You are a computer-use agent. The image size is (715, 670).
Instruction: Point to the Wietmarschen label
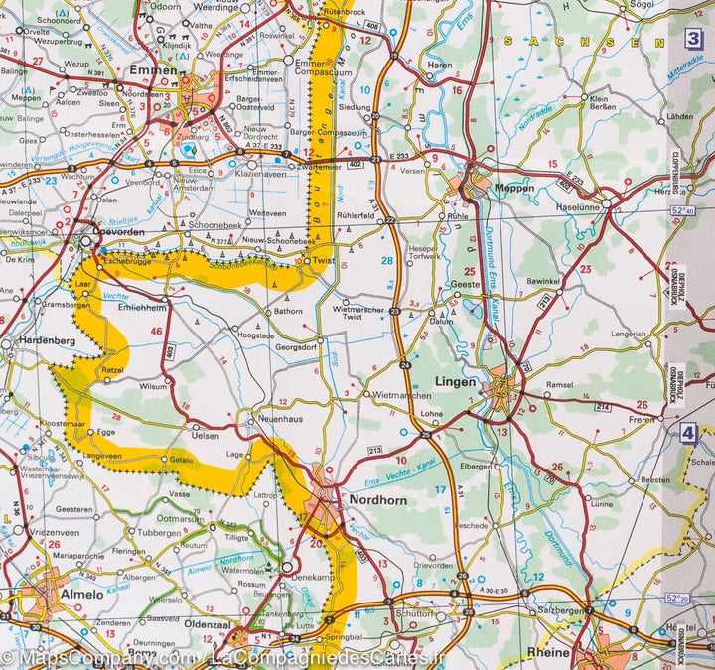375,395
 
